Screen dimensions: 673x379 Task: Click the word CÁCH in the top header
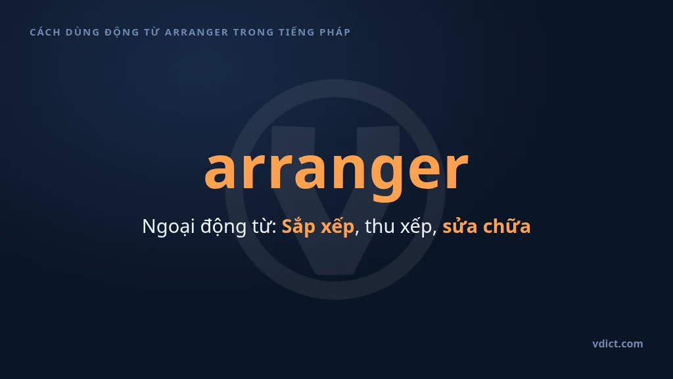click(x=45, y=32)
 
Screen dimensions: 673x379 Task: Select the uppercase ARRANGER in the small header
click(x=197, y=32)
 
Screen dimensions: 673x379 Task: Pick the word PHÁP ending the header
click(x=335, y=32)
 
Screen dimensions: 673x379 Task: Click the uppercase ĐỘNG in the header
click(x=122, y=33)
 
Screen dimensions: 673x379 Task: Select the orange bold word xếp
click(x=338, y=226)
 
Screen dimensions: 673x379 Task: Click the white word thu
click(x=379, y=226)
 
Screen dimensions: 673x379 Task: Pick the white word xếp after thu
click(x=416, y=226)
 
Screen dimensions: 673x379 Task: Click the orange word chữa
click(x=507, y=226)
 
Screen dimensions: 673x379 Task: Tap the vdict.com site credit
click(x=618, y=343)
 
